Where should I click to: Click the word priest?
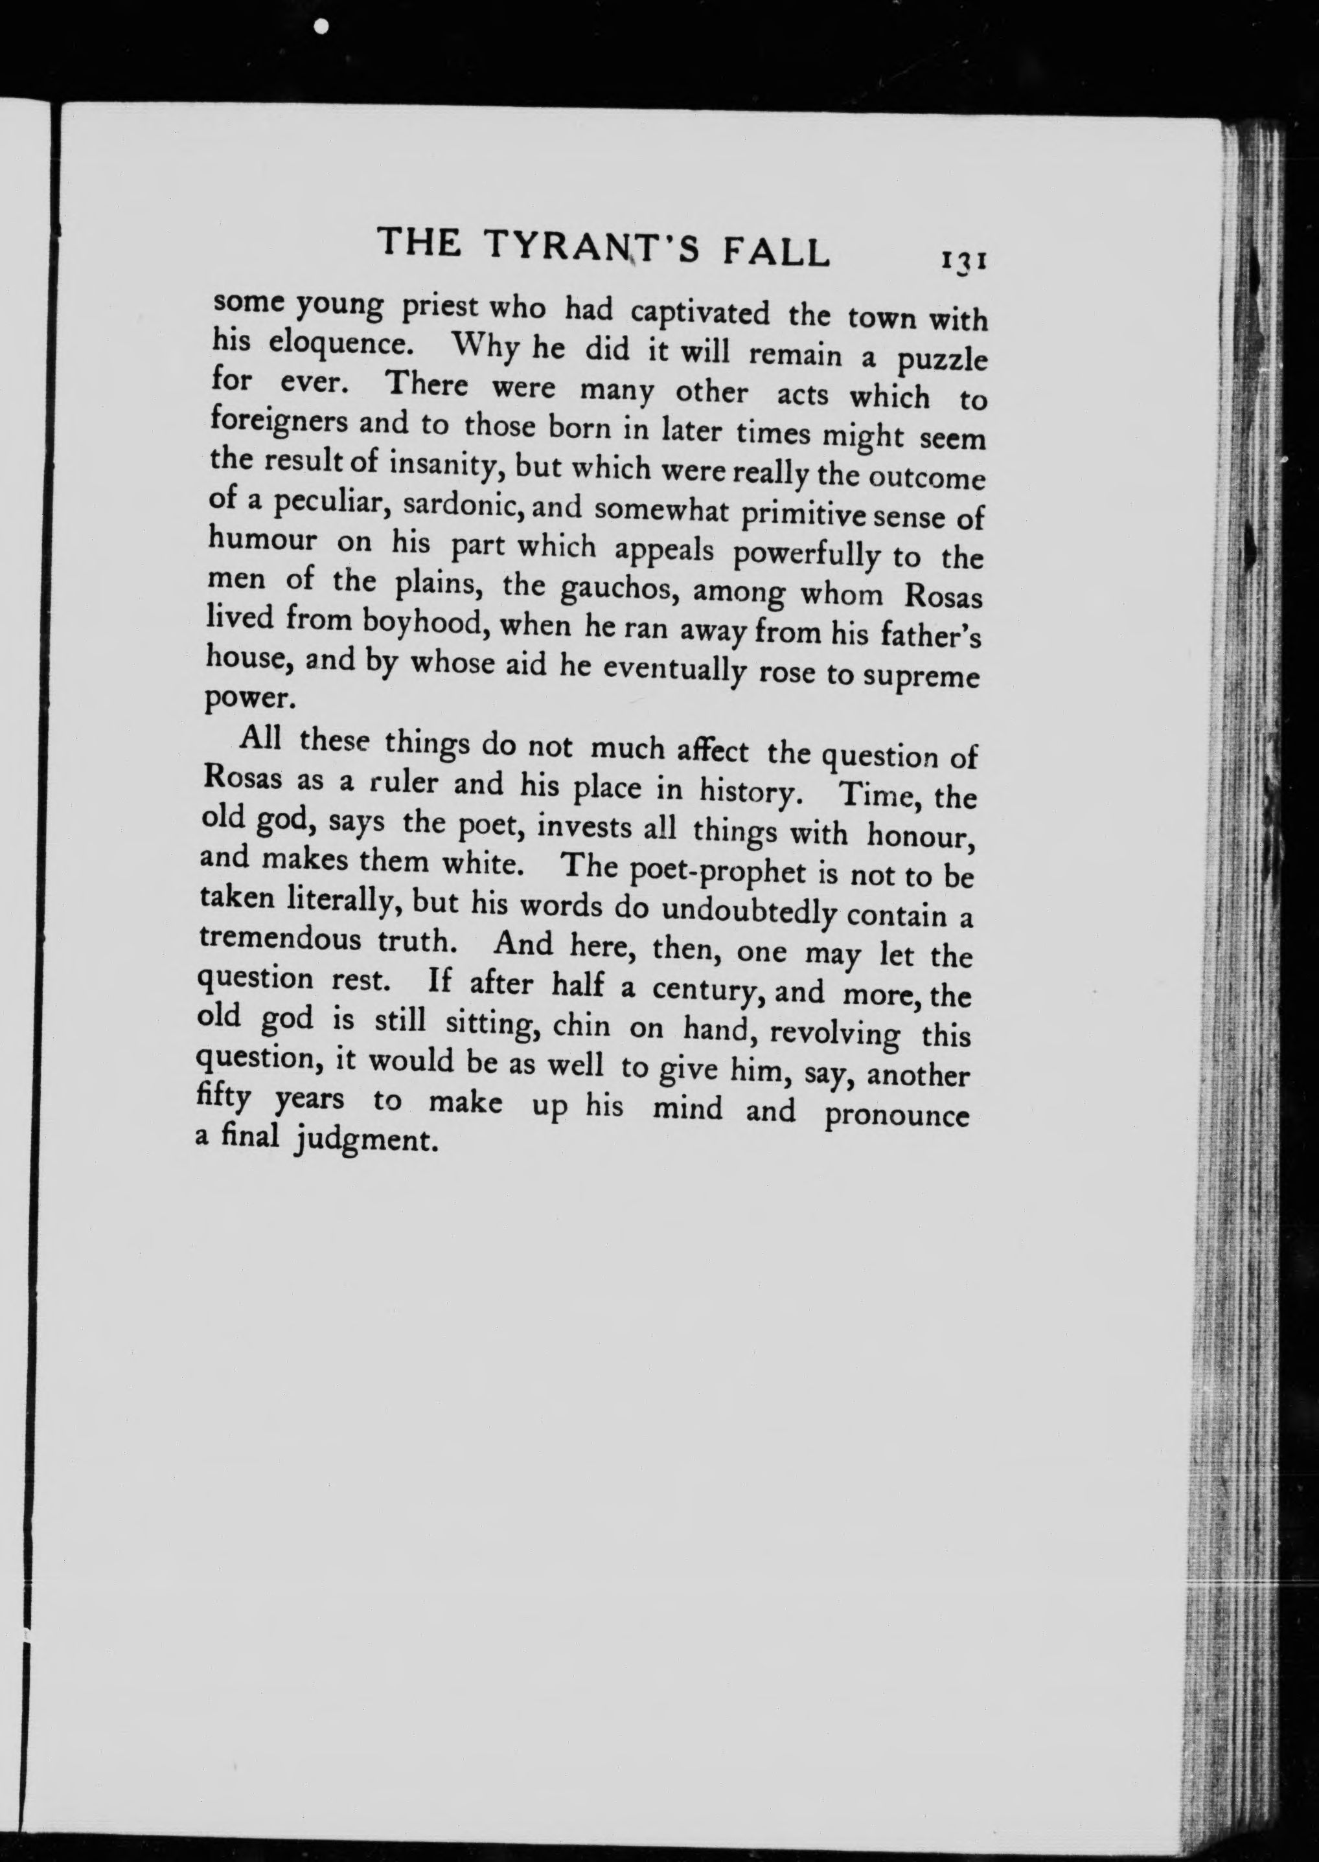[437, 308]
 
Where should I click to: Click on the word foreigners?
[279, 422]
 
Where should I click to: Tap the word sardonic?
[457, 506]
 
